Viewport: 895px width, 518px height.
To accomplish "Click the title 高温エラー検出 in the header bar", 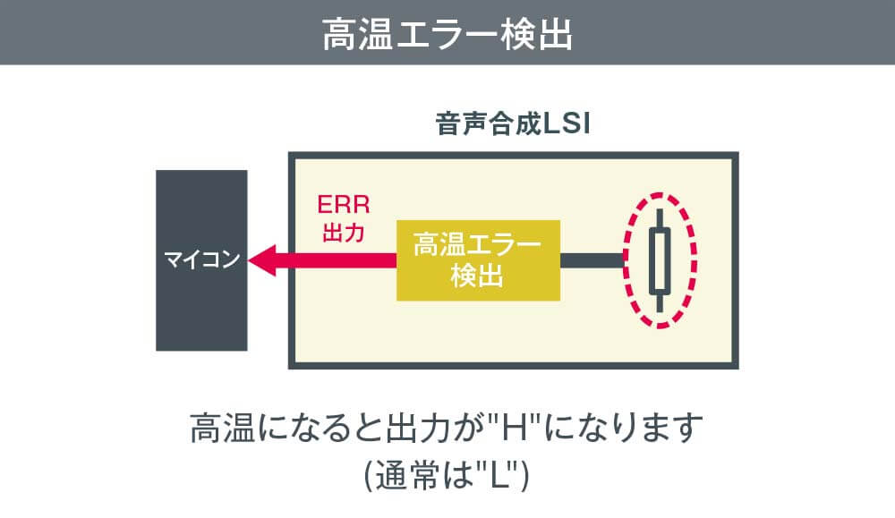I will [447, 33].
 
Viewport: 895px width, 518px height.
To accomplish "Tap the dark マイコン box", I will [201, 260].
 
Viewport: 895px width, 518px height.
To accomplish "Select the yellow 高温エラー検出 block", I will [478, 259].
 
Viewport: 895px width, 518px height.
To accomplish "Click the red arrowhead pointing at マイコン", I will [264, 260].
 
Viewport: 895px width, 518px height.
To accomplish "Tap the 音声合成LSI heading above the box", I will [512, 124].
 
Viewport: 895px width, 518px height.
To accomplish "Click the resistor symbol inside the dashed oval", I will [660, 260].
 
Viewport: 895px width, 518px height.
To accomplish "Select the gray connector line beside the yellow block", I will [592, 260].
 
